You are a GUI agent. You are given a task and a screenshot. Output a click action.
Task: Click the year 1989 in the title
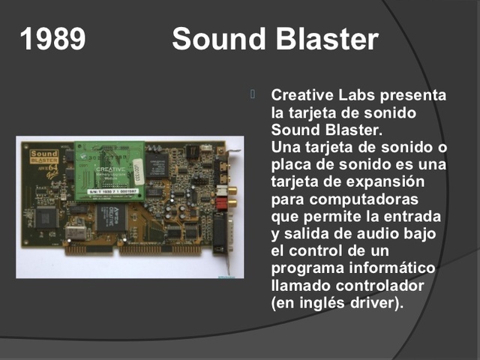52,39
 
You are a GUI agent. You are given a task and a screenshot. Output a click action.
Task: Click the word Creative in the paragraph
302,96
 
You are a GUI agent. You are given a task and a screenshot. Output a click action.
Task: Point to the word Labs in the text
357,96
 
